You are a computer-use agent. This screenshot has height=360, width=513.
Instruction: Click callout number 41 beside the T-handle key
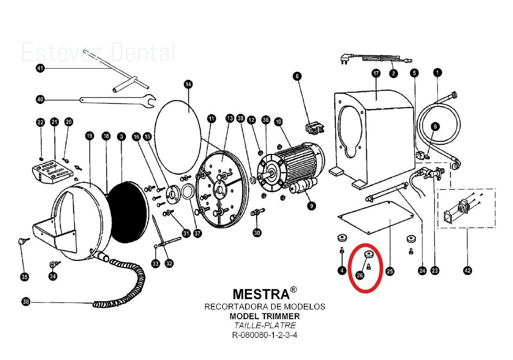tap(40, 68)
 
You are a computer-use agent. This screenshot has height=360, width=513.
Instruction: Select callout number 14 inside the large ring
tap(188, 85)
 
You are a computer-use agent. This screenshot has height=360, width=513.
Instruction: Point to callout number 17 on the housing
tap(376, 74)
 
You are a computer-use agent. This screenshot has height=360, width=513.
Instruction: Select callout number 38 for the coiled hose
tap(26, 302)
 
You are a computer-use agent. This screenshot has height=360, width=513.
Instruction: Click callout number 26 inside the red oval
tap(360, 275)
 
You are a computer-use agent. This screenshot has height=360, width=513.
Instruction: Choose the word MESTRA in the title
tap(261, 294)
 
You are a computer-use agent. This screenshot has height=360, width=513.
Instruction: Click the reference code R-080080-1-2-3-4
tap(264, 335)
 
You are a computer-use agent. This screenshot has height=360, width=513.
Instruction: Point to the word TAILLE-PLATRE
tap(264, 326)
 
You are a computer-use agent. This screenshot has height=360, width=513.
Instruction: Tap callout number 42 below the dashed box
tap(467, 270)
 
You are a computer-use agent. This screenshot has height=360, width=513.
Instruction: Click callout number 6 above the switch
tap(297, 76)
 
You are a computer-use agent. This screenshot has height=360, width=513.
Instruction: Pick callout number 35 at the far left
tap(25, 277)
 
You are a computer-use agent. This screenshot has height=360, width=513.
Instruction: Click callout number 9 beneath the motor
tap(311, 206)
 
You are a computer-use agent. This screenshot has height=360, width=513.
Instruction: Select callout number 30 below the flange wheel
tap(257, 233)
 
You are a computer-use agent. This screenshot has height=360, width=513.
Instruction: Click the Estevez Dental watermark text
tap(98, 52)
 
